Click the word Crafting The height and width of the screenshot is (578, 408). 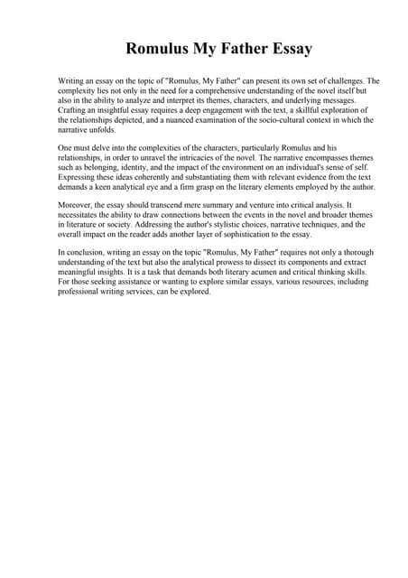75,109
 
